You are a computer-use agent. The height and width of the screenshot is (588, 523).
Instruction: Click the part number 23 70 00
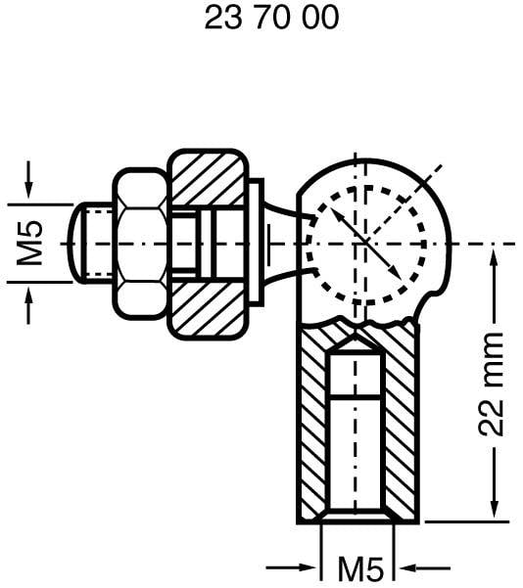coord(271,19)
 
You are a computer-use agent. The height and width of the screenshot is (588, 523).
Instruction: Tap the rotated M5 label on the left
coord(31,243)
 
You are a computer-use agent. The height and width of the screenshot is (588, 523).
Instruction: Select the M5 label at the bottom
coord(359,567)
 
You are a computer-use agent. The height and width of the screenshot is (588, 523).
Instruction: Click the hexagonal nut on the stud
coord(140,243)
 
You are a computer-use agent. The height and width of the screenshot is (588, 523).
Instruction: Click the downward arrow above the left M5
coord(28,177)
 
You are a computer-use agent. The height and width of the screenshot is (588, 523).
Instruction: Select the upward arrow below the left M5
coord(28,308)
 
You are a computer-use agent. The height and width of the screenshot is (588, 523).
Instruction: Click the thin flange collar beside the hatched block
coord(256,242)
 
